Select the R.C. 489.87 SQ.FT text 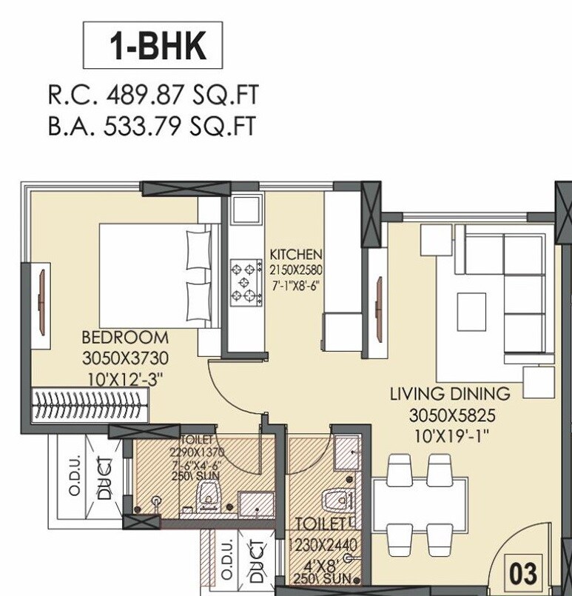pyautogui.click(x=153, y=96)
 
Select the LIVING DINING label pyautogui.click(x=450, y=394)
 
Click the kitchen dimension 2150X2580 pyautogui.click(x=295, y=269)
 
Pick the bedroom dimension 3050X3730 pyautogui.click(x=125, y=359)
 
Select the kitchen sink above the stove pyautogui.click(x=243, y=210)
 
